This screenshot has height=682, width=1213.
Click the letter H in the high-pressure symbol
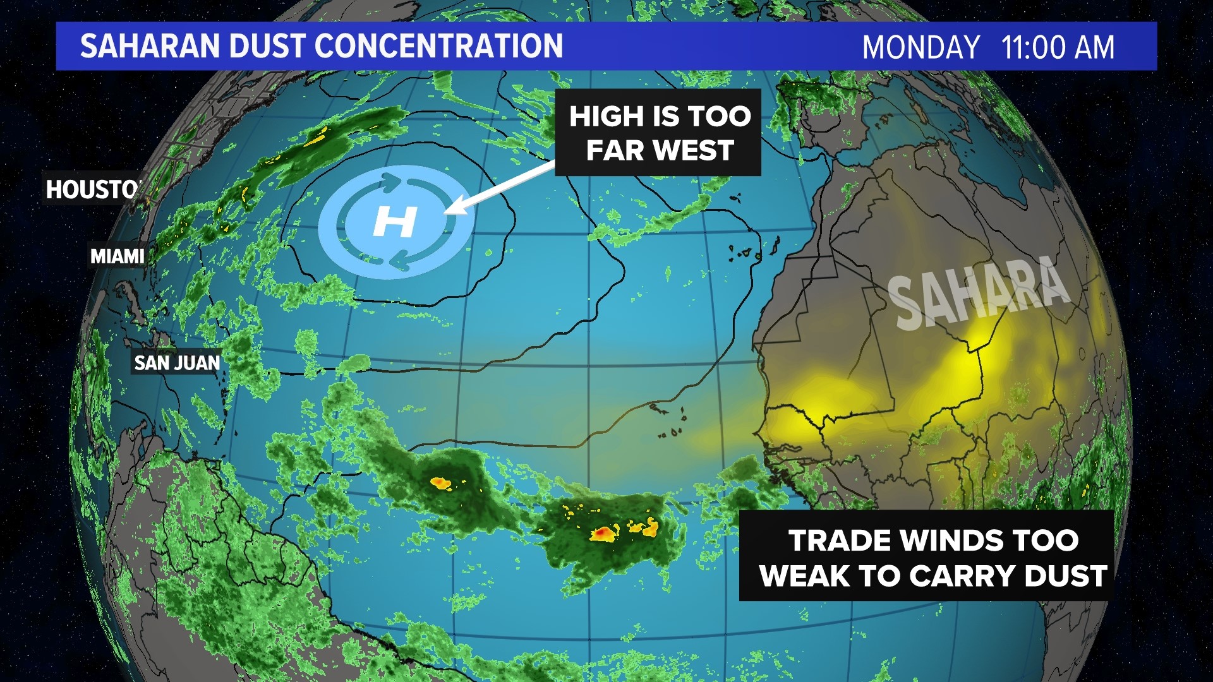tap(395, 222)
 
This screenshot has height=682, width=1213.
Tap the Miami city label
tap(118, 256)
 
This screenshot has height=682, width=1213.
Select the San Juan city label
tap(177, 363)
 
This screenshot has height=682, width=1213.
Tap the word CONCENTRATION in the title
tap(438, 46)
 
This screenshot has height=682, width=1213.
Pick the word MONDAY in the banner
tap(920, 47)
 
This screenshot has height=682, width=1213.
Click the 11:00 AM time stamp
tap(1058, 47)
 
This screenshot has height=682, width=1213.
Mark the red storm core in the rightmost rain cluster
tap(603, 534)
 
